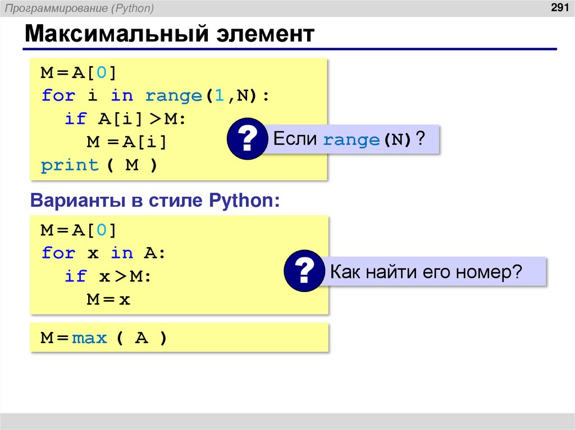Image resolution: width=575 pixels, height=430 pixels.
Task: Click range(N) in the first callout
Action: [368, 140]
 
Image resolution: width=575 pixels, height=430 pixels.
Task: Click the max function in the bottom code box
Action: [89, 338]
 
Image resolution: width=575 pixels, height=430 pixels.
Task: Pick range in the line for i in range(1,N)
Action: [173, 96]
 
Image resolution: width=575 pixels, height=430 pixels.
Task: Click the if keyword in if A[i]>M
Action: [75, 119]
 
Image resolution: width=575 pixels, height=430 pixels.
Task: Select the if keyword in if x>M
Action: [75, 276]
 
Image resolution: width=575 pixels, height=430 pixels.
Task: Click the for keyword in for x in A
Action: [58, 253]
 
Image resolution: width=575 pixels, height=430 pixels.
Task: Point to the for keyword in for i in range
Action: [58, 96]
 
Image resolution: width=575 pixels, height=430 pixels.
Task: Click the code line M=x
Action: [108, 299]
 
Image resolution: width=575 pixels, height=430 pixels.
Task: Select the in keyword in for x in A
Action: [122, 253]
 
